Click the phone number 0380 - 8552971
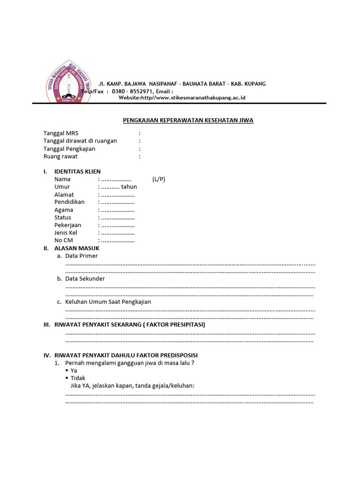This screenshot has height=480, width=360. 132,91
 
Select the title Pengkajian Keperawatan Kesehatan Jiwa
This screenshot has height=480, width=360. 188,120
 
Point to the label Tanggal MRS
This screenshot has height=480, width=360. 61,133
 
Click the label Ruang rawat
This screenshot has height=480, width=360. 60,156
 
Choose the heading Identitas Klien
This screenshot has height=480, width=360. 77,172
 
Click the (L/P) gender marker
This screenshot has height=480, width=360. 158,179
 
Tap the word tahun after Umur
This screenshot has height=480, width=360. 129,187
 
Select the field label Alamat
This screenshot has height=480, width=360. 64,195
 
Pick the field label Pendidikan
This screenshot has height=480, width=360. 69,202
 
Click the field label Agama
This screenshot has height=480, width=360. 64,210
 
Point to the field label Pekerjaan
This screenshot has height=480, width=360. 68,225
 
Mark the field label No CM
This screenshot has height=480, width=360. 64,240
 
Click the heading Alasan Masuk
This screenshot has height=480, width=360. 77,248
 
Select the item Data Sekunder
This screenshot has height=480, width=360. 85,278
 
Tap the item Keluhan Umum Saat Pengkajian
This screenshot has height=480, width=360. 108,302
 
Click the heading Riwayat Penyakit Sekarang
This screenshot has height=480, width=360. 130,324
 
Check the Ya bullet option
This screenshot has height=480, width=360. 74,370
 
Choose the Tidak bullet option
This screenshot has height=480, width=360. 78,378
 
